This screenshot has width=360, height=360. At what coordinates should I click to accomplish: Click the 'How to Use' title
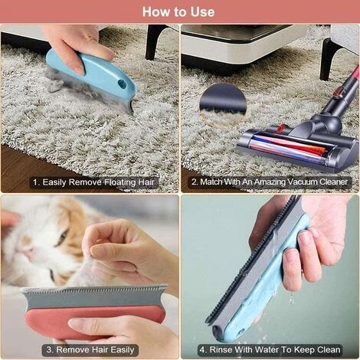[178, 11]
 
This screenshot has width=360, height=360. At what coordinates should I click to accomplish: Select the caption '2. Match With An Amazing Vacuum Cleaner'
[270, 182]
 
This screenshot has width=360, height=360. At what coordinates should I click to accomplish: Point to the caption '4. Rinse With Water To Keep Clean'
[270, 350]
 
